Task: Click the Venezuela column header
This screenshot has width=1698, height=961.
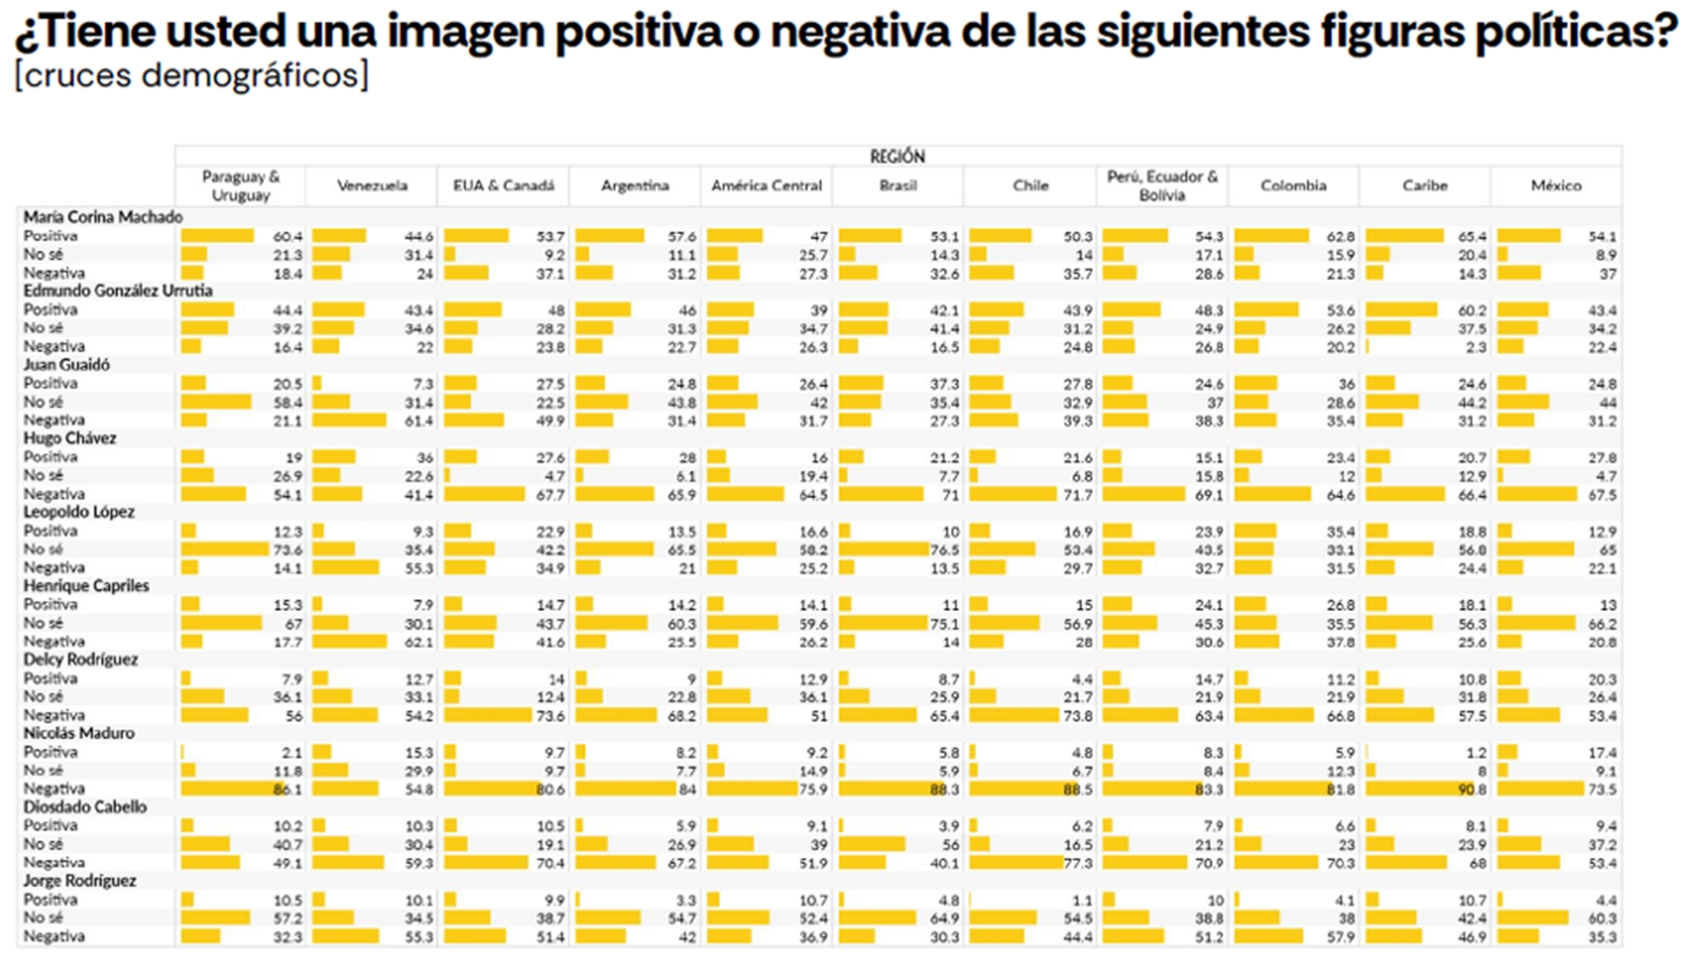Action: (371, 186)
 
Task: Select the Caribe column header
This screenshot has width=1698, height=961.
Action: (1425, 186)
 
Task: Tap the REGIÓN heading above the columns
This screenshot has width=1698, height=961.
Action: (897, 157)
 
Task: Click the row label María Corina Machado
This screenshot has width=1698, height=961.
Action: (103, 216)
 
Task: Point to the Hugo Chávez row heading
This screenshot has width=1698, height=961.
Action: (70, 439)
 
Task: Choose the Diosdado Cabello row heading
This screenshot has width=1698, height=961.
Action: (85, 807)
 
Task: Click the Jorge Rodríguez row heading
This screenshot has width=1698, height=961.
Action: (79, 881)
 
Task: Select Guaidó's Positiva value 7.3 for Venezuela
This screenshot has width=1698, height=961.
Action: (423, 384)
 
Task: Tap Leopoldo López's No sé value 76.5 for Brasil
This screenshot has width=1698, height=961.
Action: (944, 550)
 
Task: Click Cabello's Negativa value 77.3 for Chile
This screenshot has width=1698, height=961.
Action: (1077, 863)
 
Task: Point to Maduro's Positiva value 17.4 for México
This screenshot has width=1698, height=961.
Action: (1602, 753)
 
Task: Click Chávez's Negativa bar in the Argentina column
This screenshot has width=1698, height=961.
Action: (615, 494)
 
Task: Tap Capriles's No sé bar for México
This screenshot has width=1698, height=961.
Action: (1537, 623)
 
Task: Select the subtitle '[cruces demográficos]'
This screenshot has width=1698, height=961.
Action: (191, 75)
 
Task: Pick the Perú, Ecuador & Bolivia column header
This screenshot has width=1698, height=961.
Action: (1162, 186)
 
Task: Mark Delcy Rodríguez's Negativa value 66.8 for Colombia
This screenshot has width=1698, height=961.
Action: (1340, 717)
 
